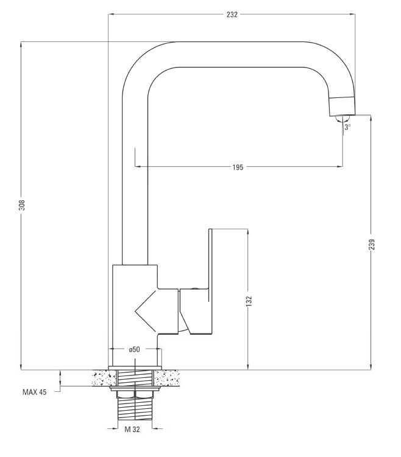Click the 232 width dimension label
pos(232,15)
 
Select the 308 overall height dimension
pos(23,205)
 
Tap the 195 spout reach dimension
pos(238,167)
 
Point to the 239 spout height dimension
pos(371,245)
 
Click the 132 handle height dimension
pos(249,301)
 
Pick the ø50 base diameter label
pos(134,349)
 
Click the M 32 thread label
pos(132,429)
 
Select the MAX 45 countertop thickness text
pos(35,392)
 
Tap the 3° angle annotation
pos(347,127)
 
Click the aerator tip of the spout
pos(342,106)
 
